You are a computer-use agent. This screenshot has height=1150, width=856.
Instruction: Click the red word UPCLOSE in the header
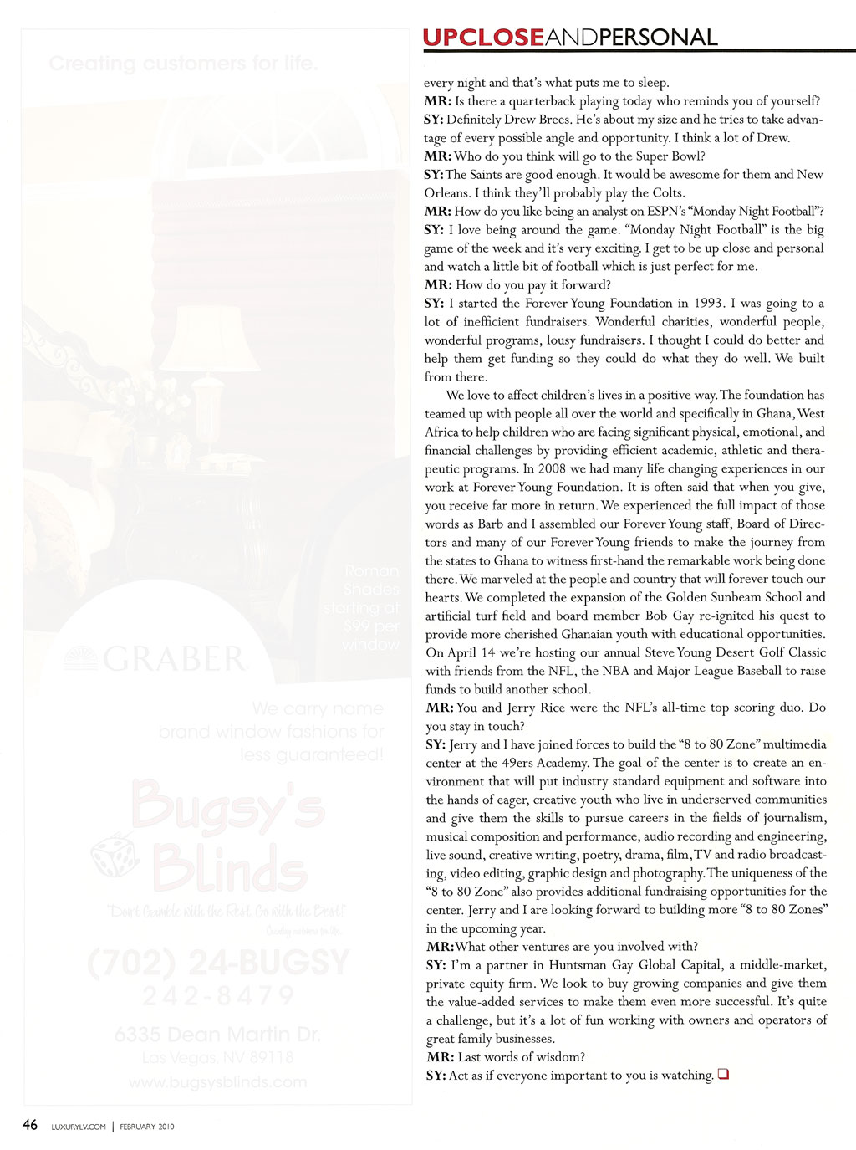[483, 38]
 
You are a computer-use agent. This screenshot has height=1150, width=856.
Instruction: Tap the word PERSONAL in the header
[658, 38]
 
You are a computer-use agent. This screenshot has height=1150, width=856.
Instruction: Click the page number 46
[30, 1125]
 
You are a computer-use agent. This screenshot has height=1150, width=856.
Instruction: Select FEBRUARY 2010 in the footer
[147, 1127]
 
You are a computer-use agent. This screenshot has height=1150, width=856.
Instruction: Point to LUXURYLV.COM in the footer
[79, 1127]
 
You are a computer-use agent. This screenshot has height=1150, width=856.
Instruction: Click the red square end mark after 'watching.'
[723, 1074]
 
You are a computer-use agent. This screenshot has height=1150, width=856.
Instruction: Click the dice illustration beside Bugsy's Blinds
[115, 856]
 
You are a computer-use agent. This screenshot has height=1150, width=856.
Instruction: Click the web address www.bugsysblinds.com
[217, 1082]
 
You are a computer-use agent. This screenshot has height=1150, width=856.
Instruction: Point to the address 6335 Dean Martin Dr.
[217, 1035]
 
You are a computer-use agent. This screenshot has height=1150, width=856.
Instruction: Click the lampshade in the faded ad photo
[209, 339]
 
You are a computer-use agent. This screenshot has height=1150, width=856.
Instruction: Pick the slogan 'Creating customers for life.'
[183, 64]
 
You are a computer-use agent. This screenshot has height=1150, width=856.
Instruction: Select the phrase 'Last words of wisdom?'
[522, 1056]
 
